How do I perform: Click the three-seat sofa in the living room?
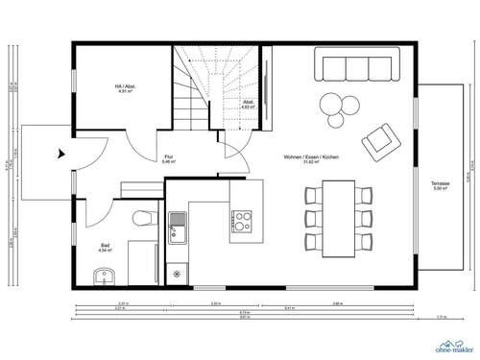[x=358, y=66]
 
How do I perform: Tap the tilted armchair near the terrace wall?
[x=379, y=141]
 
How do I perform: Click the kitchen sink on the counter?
[x=178, y=228]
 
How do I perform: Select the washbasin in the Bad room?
[x=106, y=278]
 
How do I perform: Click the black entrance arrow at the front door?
[x=60, y=151]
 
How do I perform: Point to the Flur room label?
[x=169, y=158]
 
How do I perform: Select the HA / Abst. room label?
[x=124, y=88]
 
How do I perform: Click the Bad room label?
[x=105, y=247]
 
